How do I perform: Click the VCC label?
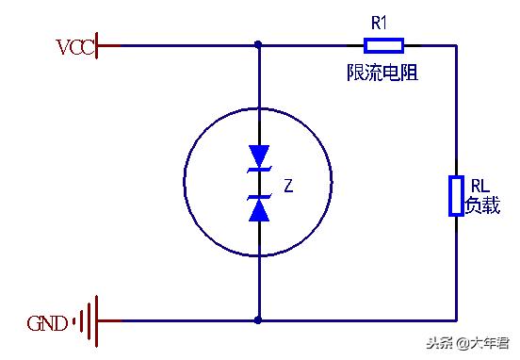tap(75, 45)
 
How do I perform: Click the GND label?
tap(47, 324)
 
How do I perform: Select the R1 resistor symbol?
tap(383, 44)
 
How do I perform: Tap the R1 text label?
tap(378, 22)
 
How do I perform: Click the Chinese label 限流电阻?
tap(382, 72)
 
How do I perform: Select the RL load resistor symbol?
tap(456, 195)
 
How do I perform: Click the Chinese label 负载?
tap(483, 205)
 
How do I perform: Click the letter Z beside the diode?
tap(288, 187)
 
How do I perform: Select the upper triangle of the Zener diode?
tap(258, 156)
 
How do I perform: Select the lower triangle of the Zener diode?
tap(258, 209)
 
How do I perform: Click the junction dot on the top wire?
tap(258, 44)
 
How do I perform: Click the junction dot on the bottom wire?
tap(258, 320)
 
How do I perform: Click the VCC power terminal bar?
tap(99, 44)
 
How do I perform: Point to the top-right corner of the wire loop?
tap(456, 44)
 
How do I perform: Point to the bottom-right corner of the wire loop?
tap(456, 320)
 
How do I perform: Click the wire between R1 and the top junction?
tap(311, 44)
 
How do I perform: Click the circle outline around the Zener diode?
tap(185, 184)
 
